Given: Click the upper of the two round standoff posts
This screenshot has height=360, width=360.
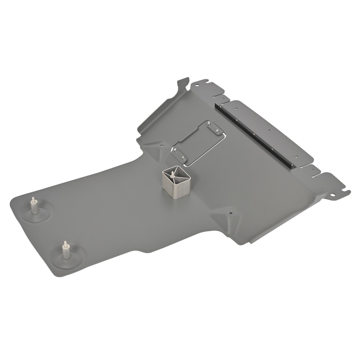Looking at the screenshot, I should pyautogui.click(x=34, y=206).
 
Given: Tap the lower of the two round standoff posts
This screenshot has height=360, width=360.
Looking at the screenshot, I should pyautogui.click(x=66, y=250).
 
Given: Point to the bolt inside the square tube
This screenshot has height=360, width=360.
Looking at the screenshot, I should pyautogui.click(x=172, y=174).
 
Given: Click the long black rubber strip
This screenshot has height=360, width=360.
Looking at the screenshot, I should pyautogui.click(x=255, y=135).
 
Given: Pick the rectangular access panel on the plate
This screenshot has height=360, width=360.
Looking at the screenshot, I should pyautogui.click(x=199, y=142).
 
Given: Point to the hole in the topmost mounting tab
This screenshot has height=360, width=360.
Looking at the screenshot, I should pyautogui.click(x=196, y=85).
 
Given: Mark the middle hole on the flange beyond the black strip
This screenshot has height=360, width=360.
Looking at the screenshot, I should pyautogui.click(x=268, y=130).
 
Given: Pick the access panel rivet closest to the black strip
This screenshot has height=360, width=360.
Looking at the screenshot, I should pyautogui.click(x=217, y=131).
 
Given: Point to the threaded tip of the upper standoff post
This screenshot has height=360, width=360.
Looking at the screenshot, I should pyautogui.click(x=33, y=199).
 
